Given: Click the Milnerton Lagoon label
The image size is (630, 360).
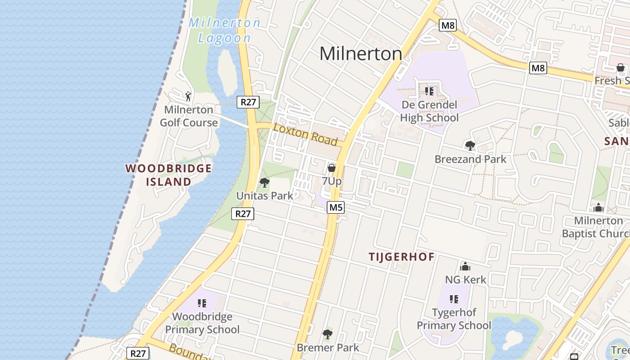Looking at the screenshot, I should tap(224, 30).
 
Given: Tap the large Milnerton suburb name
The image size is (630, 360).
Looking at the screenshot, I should tap(360, 54).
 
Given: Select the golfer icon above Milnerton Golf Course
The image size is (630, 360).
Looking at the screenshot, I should tap(189, 96).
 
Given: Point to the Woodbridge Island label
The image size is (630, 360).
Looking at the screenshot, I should tap(169, 175).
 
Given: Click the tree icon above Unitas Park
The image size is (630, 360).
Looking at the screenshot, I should tap(265, 183).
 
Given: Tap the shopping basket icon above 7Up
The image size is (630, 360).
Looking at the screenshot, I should tap(332, 168).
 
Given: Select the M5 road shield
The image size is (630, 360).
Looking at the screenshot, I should tap(336, 207).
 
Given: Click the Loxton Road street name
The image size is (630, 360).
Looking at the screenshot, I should tap(306, 134).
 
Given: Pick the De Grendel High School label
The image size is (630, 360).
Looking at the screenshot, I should tap(429, 111).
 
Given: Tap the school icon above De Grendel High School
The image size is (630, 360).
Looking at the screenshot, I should tap(429, 91).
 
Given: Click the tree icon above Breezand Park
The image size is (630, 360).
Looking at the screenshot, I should tap(470, 146).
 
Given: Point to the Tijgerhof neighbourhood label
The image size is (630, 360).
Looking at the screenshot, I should tap(402, 257).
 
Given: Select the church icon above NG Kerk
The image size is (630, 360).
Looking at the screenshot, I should tap(465, 266).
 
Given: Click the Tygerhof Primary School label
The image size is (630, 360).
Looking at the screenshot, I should tap(454, 319).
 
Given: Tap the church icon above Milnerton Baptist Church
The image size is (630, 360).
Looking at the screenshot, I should tap(598, 207).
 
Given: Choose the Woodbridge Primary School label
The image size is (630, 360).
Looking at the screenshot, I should tap(202, 323).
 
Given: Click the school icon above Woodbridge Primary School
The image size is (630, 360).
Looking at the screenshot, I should tap(202, 303).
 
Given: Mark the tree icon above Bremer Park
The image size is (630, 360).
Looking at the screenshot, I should tap(328, 334).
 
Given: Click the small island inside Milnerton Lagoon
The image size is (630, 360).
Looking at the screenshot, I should tap(227, 72).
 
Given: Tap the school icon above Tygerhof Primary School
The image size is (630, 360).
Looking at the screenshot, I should tap(454, 299).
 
